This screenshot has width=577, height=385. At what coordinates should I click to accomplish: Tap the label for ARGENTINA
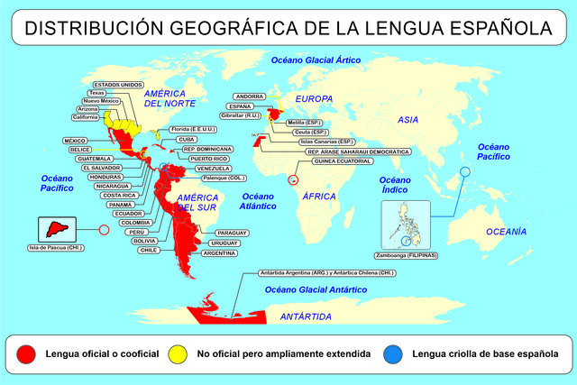pos(220,253)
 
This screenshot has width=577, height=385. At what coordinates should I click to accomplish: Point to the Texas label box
pos(97,93)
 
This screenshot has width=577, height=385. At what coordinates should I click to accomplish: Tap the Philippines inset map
pos(407,225)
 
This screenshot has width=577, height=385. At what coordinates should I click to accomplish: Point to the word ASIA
pos(410,119)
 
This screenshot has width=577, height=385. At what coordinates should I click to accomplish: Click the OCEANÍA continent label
pos(505,232)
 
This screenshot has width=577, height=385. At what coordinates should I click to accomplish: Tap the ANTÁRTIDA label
pos(305,316)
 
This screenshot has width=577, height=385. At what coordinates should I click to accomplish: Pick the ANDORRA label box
pos(249,96)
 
